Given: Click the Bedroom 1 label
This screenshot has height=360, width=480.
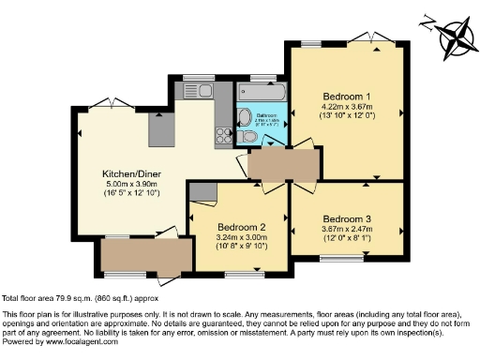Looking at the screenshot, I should (347, 97).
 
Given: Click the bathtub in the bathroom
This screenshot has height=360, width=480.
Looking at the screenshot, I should (262, 94).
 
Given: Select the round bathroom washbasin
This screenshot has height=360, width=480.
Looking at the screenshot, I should (244, 118).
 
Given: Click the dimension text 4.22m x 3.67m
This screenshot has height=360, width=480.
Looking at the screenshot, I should (347, 108).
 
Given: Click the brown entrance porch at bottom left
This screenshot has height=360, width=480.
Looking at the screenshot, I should (132, 255).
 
